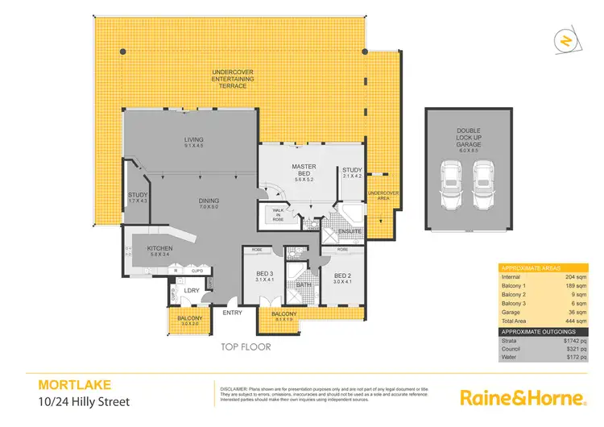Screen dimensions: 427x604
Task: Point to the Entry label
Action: click(x=232, y=313)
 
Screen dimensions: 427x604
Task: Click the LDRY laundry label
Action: click(x=191, y=289)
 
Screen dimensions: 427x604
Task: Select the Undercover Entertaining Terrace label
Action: click(x=233, y=77)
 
